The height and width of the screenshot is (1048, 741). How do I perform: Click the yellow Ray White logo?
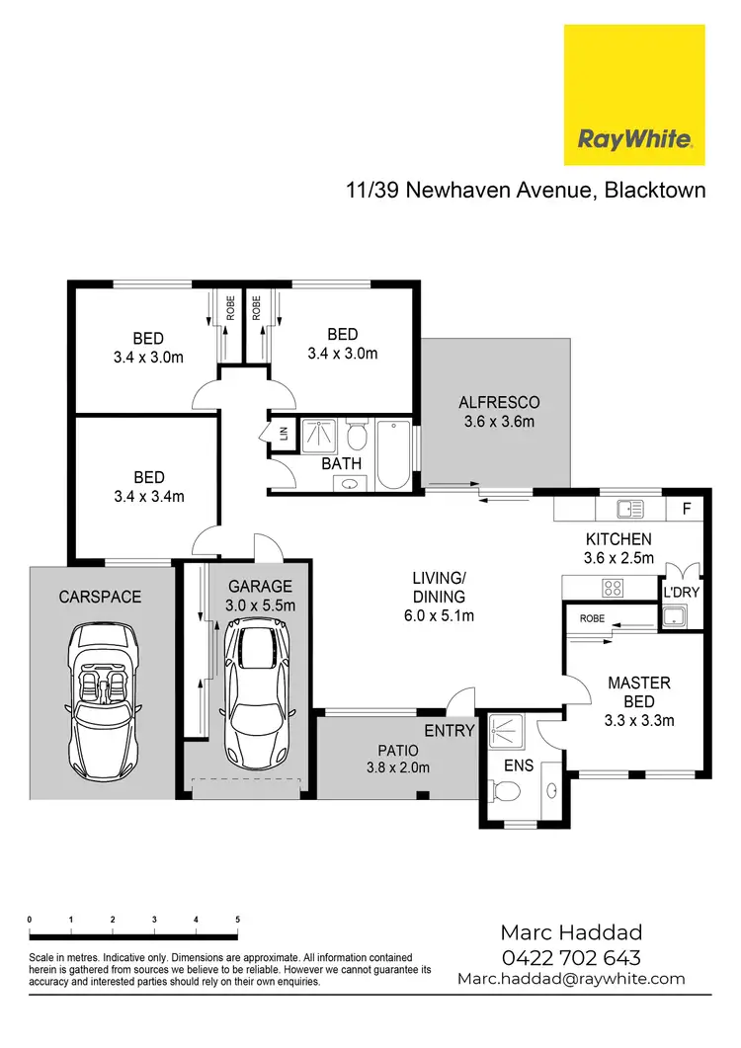click(633, 95)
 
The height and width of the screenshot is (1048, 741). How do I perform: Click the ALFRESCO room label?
click(499, 412)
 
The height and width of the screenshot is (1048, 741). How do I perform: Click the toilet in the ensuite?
click(506, 789)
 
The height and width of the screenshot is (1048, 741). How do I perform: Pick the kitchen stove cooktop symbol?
click(613, 588)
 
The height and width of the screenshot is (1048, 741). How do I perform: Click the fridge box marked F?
click(687, 510)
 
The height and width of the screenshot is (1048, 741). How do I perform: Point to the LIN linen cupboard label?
click(284, 434)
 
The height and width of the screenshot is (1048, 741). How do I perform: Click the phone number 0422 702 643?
click(570, 957)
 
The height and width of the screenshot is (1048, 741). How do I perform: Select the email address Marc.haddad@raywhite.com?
click(570, 979)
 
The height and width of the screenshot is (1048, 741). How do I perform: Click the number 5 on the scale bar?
click(237, 919)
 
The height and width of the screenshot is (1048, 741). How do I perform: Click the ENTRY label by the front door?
click(450, 731)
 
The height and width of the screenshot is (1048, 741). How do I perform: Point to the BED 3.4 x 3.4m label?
click(148, 487)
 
